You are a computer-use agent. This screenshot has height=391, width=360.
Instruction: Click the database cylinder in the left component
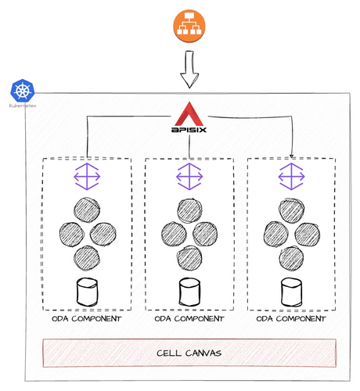point(86,292)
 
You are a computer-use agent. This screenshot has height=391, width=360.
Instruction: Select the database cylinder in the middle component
point(189,292)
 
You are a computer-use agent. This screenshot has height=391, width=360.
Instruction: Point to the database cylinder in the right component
point(291,292)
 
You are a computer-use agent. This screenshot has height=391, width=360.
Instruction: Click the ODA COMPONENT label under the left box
point(86,319)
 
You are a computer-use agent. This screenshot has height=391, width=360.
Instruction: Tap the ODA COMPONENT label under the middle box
point(189,319)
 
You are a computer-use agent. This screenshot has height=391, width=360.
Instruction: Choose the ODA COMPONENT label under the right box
point(291,319)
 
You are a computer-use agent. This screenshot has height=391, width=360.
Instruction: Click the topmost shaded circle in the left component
point(86,210)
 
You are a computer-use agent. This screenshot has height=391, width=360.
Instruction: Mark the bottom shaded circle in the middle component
point(189,257)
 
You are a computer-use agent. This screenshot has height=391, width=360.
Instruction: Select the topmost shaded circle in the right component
point(292,210)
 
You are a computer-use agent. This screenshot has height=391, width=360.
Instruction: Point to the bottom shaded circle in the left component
point(86,257)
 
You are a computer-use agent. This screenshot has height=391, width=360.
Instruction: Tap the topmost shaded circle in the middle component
point(189,210)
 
